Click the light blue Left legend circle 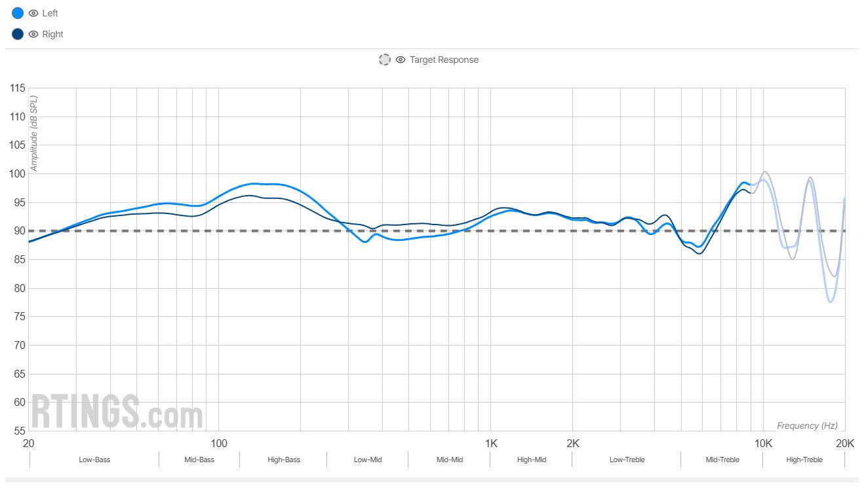(x=18, y=13)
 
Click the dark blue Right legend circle (x=18, y=34)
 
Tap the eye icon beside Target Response (x=401, y=60)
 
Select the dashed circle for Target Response (x=385, y=60)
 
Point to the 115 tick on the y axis (x=18, y=88)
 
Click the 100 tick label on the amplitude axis (x=18, y=174)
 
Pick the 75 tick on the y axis (x=18, y=317)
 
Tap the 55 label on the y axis (x=18, y=431)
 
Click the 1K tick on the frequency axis (x=491, y=444)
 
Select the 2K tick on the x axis (x=573, y=444)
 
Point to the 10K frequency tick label (x=763, y=444)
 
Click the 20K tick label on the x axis (x=845, y=444)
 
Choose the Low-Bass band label (x=94, y=460)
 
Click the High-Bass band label (x=284, y=460)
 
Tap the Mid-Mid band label (x=450, y=460)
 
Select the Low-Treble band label (x=627, y=460)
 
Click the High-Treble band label (x=804, y=460)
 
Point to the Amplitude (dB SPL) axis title (x=34, y=134)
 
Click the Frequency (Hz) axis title (x=807, y=426)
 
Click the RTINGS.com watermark (x=117, y=412)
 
